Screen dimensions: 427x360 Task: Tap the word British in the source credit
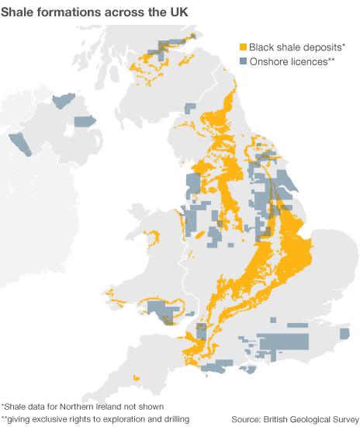pyautogui.click(x=274, y=418)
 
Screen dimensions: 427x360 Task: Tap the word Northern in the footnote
pyautogui.click(x=78, y=404)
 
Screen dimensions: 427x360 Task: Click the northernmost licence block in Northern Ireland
pyautogui.click(x=61, y=101)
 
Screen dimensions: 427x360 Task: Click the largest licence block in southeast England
pyautogui.click(x=282, y=342)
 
